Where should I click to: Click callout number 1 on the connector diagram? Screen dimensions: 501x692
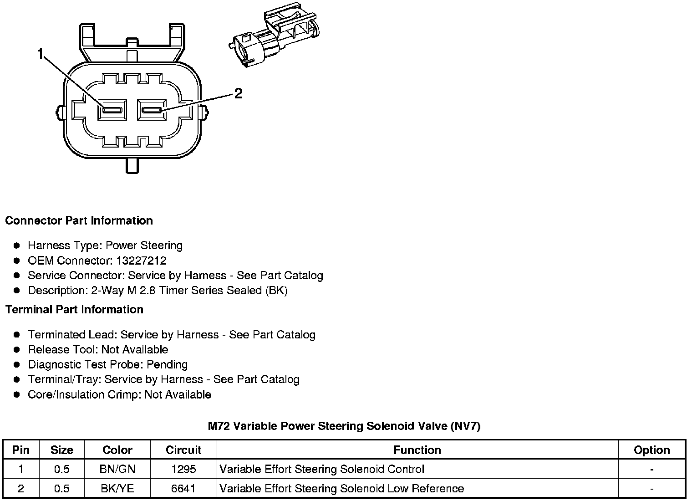pyautogui.click(x=41, y=55)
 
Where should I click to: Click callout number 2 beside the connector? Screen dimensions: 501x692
pyautogui.click(x=238, y=94)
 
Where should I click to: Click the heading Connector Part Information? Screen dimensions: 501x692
pyautogui.click(x=79, y=221)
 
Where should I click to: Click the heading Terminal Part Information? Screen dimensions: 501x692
pyautogui.click(x=74, y=310)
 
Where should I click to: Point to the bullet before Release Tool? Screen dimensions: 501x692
pyautogui.click(x=17, y=350)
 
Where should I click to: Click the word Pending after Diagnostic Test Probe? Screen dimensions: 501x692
pyautogui.click(x=167, y=365)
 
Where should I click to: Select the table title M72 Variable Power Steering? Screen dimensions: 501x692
pyautogui.click(x=344, y=426)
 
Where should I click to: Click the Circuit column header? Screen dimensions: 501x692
pyautogui.click(x=183, y=450)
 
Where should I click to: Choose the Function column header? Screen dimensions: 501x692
pyautogui.click(x=417, y=450)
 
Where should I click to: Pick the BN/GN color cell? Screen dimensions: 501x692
pyautogui.click(x=117, y=469)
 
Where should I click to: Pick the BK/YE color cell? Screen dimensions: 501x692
pyautogui.click(x=117, y=489)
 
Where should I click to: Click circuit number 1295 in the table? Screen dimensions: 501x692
pyautogui.click(x=183, y=469)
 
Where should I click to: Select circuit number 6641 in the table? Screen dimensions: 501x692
pyautogui.click(x=183, y=489)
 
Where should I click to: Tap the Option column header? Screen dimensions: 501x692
pyautogui.click(x=651, y=450)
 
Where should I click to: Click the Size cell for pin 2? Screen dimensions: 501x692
pyautogui.click(x=61, y=489)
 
